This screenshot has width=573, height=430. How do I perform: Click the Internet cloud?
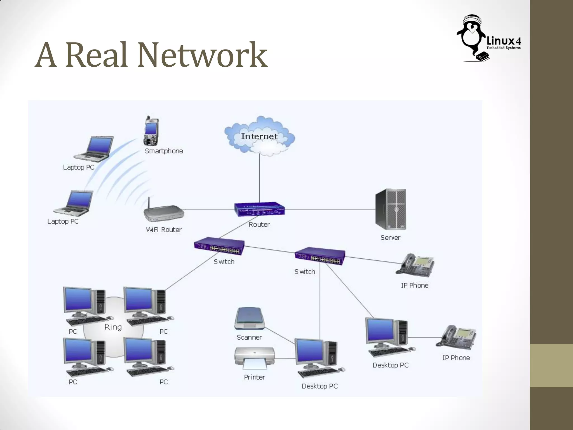pos(259,136)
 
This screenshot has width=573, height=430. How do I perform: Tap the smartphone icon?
pos(151,132)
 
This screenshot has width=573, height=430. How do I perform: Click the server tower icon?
pos(391,209)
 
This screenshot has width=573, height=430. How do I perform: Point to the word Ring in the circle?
pos(113,327)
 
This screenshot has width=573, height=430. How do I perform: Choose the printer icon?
pos(254,358)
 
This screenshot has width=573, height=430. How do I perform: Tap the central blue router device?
pos(259,209)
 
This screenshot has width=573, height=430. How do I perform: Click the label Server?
pos(390,238)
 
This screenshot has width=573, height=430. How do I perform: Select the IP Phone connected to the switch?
pos(415,265)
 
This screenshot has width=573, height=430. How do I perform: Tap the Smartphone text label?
pos(164,151)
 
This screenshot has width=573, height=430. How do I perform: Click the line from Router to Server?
pos(330,209)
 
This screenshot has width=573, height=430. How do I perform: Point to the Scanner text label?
pos(249,337)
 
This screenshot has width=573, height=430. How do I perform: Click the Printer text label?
pos(254,377)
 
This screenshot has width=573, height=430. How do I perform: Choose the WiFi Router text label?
pos(164,230)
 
